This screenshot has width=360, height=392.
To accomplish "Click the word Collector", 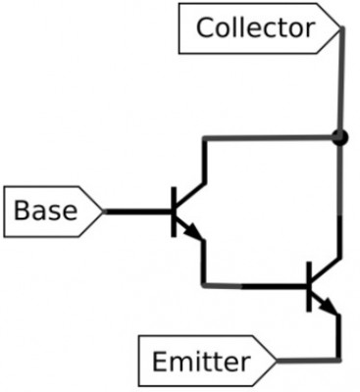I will click(255, 27).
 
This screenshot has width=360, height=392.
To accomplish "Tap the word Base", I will click(46, 211).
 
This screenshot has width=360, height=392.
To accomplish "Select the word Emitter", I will click(200, 363).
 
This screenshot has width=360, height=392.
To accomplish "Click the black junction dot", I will click(339, 137).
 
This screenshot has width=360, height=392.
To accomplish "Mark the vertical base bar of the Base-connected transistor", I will click(175, 211).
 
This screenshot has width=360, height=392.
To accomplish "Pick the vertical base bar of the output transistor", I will click(310, 286).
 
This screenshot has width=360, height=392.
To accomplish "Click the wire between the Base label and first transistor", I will click(137, 211).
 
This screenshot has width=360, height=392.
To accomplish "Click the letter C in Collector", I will click(204, 27).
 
